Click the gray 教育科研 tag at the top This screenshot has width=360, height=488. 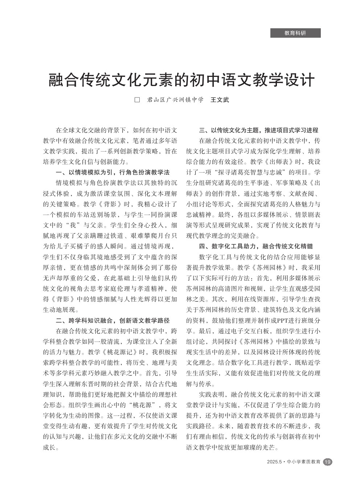[x=295, y=33]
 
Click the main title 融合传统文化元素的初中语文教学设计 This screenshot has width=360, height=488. [x=181, y=80]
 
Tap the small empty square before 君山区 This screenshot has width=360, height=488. [x=137, y=100]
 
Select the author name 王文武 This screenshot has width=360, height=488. [x=220, y=100]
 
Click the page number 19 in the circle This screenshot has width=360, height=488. [x=327, y=462]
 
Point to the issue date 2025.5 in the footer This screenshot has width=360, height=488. [x=274, y=462]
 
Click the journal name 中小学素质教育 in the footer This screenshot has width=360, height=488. [x=303, y=462]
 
